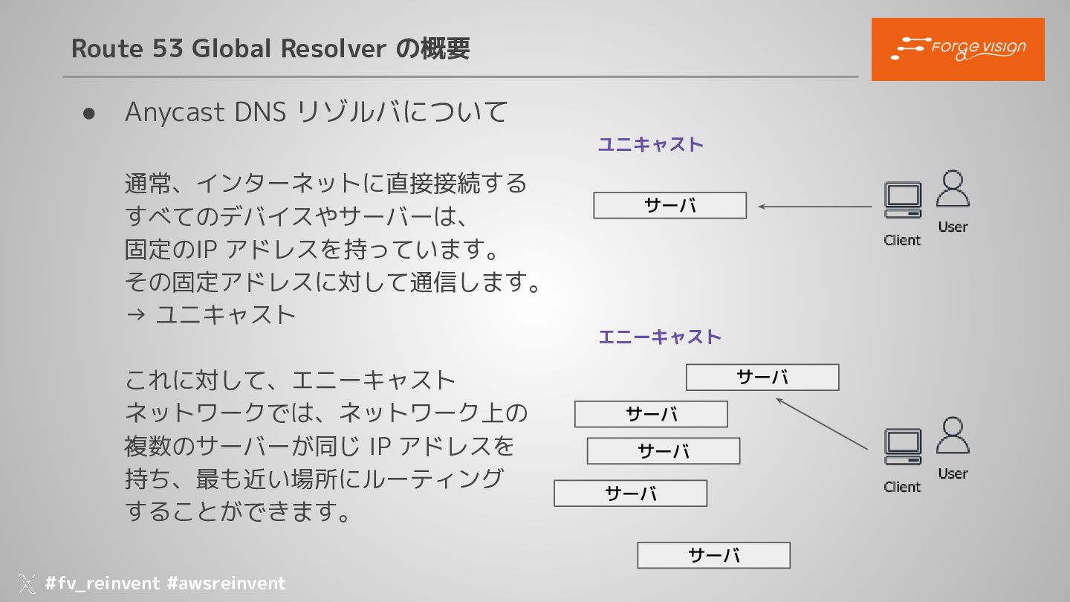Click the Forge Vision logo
pos(958,49)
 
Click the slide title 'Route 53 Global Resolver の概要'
pos(270,49)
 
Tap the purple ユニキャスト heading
pos(650,144)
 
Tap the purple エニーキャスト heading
pos(660,337)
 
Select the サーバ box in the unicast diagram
pos(669,206)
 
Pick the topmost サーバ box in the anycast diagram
pos(762,378)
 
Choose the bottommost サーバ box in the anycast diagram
pos(713,555)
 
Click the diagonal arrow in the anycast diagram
pos(821,424)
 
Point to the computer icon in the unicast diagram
pos(903,200)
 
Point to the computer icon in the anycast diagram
pos(903,447)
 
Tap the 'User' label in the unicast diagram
pos(953,227)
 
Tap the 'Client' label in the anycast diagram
pos(902,487)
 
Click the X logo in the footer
pos(27,583)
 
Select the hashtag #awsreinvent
pos(226,583)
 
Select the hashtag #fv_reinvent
pos(102,583)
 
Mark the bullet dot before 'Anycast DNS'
pos(90,113)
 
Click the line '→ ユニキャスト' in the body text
pos(211,314)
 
